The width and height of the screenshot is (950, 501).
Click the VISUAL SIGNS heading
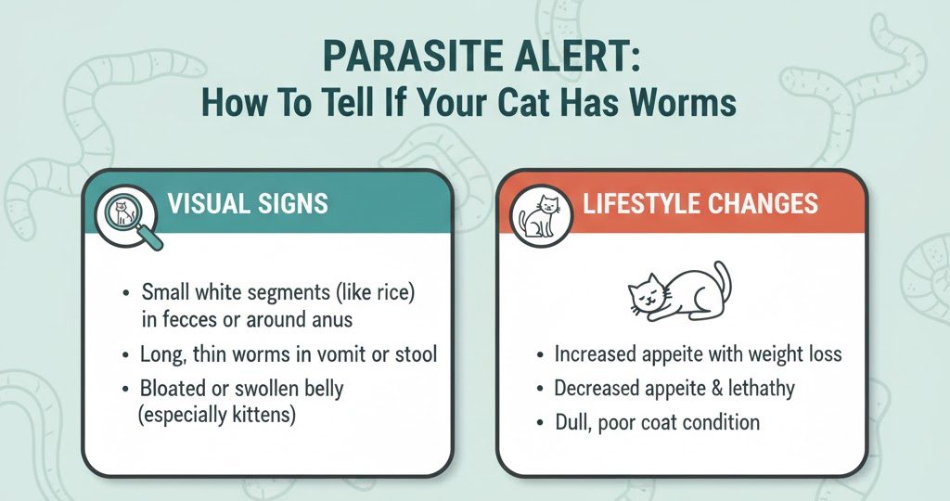click(248, 203)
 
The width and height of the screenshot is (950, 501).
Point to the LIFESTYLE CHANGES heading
click(700, 203)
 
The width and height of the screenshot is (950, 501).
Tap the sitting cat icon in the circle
click(541, 217)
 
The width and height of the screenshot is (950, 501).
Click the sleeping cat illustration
click(680, 291)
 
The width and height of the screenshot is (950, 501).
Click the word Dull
click(572, 422)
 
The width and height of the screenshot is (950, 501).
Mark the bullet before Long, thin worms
click(125, 355)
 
